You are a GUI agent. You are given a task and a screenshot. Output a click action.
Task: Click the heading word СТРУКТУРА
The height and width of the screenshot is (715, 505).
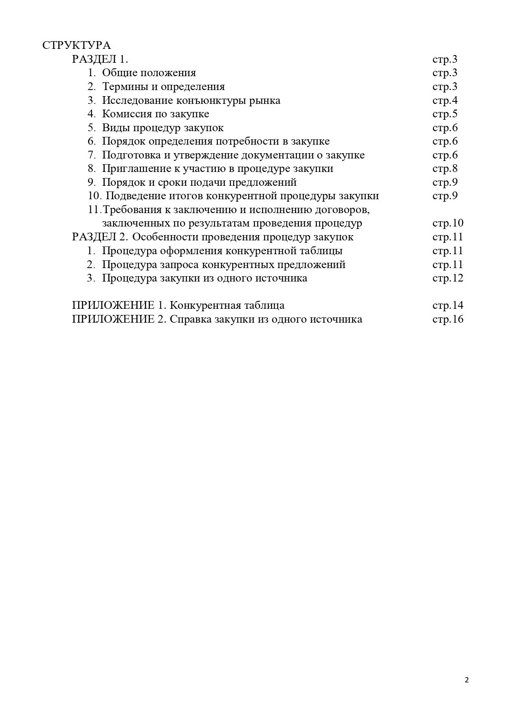click(77, 45)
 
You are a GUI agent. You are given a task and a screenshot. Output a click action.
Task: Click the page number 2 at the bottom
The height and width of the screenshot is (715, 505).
click(467, 680)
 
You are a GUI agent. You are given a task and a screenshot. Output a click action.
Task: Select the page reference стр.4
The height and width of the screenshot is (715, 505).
click(445, 100)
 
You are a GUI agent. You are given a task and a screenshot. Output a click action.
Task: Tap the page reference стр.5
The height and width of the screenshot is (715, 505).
click(445, 114)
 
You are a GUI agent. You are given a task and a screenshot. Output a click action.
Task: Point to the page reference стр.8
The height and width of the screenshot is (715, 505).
click(445, 168)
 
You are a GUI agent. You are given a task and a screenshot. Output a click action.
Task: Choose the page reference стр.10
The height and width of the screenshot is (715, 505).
click(448, 223)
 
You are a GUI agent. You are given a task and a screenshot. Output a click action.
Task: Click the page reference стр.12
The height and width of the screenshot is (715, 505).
click(448, 278)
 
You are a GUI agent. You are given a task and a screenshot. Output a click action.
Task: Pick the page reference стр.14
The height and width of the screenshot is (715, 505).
click(448, 305)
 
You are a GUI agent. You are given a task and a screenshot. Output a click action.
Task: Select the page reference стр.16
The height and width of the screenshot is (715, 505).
click(448, 319)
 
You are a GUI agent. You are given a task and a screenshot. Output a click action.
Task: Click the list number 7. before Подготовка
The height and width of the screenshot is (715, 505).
click(92, 155)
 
